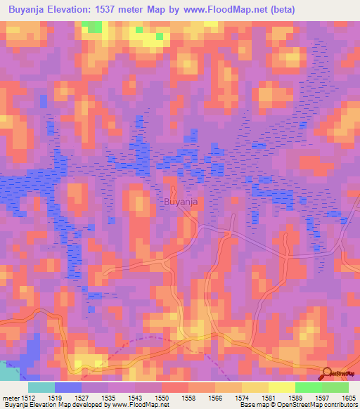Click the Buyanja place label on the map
coord(179,202)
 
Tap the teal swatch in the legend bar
coord(41,387)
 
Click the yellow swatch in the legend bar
coord(281,387)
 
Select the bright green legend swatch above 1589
coord(308,387)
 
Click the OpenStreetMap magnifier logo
coord(326,374)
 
